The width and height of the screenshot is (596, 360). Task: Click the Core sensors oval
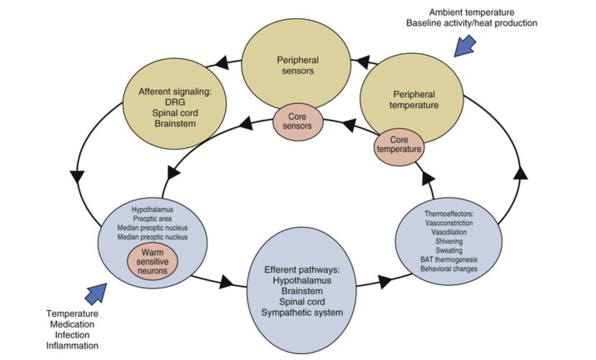coord(297,121)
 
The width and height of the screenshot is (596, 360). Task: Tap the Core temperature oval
coord(399,145)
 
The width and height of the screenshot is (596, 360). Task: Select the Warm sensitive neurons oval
coord(152,261)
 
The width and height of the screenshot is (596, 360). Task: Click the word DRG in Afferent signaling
coord(175,102)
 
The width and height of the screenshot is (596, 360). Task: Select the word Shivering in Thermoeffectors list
coord(449,241)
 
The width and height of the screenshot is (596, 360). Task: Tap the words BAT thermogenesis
coord(449,259)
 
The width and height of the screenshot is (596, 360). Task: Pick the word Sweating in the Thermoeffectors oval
coord(449,250)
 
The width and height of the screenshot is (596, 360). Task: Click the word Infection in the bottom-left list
coord(72,335)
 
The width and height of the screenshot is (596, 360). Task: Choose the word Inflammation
coord(72,345)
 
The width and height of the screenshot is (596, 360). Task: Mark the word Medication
coord(72,324)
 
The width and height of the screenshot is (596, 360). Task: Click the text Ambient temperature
coord(471,12)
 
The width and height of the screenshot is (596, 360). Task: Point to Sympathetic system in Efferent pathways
coord(302,313)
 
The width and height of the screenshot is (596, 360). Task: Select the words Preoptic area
coord(152,219)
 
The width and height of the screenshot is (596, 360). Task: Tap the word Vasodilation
coord(449,232)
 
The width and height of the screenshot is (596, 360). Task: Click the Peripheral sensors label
coord(298,65)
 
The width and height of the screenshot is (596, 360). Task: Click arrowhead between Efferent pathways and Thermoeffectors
coord(385,281)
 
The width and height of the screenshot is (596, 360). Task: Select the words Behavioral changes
coord(449,269)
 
